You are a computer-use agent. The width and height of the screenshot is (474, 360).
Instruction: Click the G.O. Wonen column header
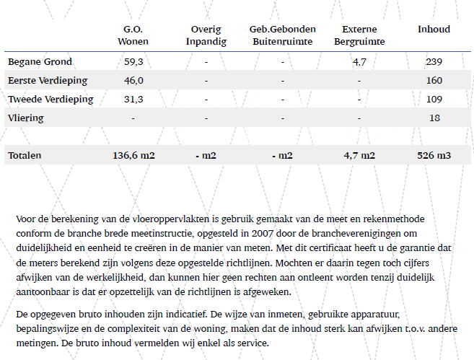click(x=133, y=35)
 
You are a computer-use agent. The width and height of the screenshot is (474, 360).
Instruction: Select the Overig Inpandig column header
click(x=206, y=35)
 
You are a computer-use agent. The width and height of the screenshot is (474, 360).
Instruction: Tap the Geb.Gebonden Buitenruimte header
click(x=282, y=35)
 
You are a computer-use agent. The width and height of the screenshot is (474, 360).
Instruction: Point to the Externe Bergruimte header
click(x=359, y=35)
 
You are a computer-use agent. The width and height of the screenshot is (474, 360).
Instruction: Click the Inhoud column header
click(x=434, y=30)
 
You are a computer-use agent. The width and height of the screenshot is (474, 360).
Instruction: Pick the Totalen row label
click(x=25, y=155)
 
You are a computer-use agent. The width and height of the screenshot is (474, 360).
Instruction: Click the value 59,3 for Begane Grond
click(x=133, y=61)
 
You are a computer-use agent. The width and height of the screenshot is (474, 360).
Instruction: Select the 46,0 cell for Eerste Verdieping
click(x=133, y=80)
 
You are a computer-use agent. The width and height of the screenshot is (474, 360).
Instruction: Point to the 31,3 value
click(x=133, y=99)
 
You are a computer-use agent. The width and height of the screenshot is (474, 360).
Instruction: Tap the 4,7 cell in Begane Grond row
click(x=359, y=61)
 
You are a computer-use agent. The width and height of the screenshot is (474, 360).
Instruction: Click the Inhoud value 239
click(x=434, y=61)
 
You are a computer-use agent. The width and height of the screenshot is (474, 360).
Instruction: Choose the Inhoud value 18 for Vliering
click(x=434, y=118)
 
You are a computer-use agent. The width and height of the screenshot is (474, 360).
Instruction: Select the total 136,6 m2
click(x=133, y=155)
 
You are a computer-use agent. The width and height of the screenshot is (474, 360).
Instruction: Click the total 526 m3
click(x=434, y=155)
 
